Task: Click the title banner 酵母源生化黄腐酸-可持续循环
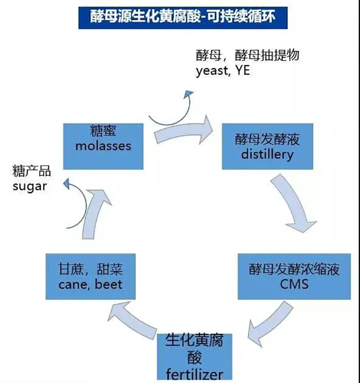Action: pyautogui.click(x=183, y=17)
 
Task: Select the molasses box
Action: pyautogui.click(x=103, y=146)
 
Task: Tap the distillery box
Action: pyautogui.click(x=267, y=146)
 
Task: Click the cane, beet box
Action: pyautogui.click(x=90, y=276)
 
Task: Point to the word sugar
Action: pyautogui.click(x=29, y=186)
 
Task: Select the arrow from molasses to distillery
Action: pyautogui.click(x=182, y=131)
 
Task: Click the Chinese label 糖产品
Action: pyautogui.click(x=31, y=171)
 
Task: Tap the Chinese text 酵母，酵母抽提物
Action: pyautogui.click(x=247, y=55)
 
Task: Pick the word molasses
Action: pyautogui.click(x=103, y=146)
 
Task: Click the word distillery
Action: pyautogui.click(x=267, y=154)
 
